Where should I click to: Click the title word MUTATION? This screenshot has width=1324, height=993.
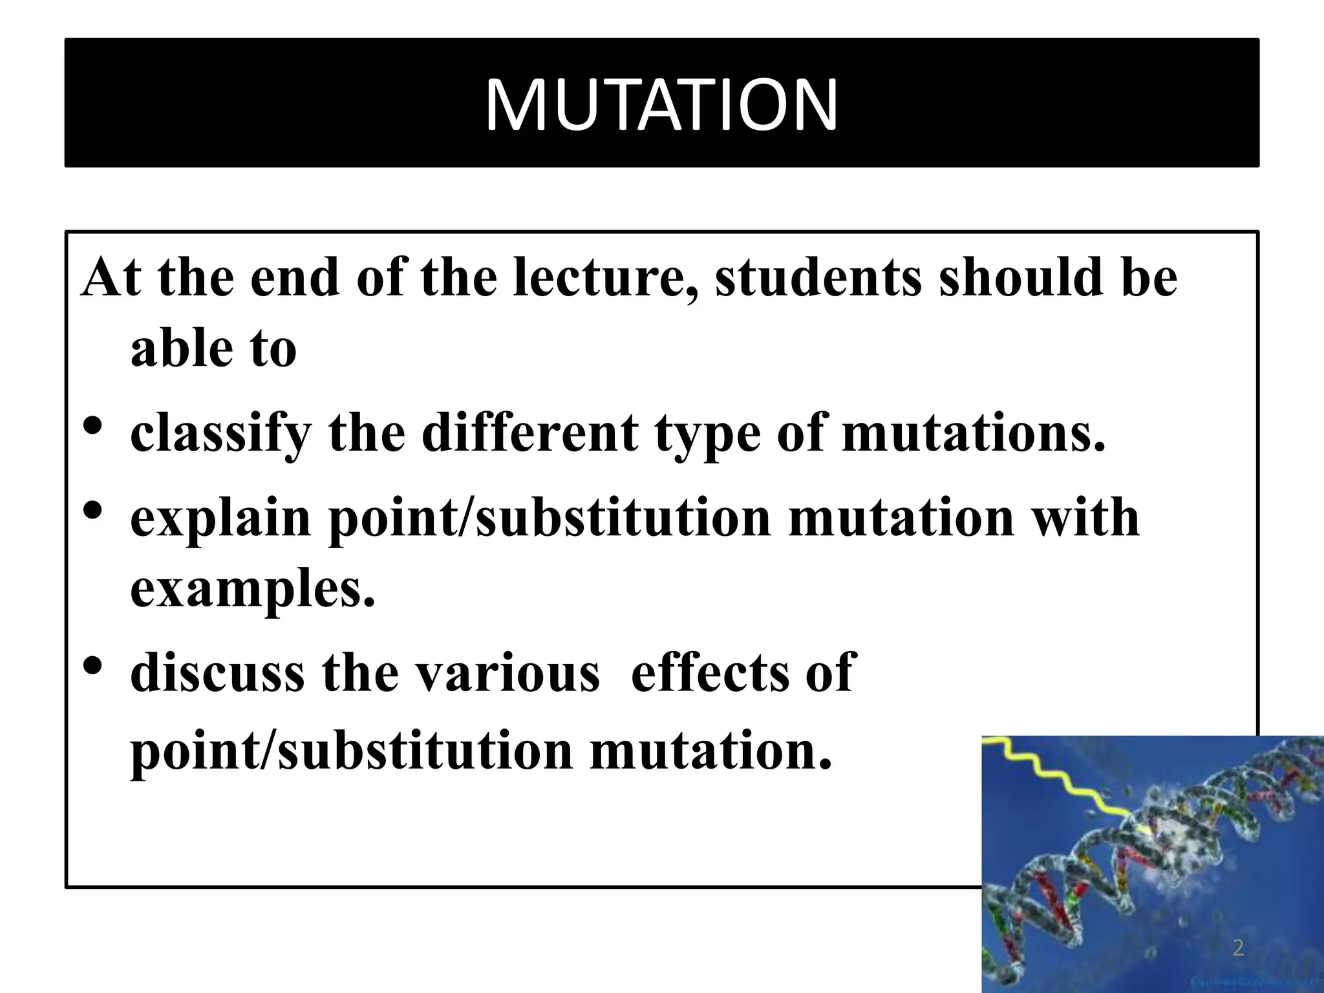pos(661,104)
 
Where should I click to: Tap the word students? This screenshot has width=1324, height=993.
pos(818,279)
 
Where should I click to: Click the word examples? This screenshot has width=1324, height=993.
pos(252,590)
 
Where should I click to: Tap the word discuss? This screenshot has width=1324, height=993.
pos(217,672)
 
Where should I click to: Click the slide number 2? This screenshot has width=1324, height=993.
pos(1238,949)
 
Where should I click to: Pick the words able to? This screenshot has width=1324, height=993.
pos(213,349)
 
